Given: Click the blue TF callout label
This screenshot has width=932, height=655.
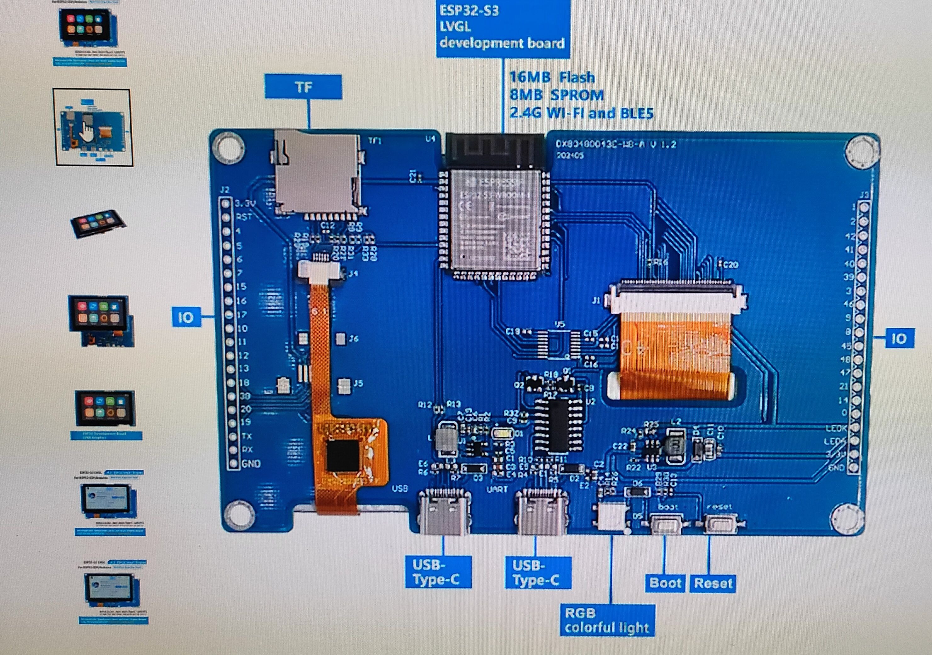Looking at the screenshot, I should tap(303, 87).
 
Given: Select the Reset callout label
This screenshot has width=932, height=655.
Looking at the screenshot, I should tap(713, 583).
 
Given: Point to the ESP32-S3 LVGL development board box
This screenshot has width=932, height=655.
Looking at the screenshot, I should tap(503, 28).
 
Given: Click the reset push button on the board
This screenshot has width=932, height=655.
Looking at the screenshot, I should tap(720, 524).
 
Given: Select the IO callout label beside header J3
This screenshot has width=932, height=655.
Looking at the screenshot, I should tap(899, 338).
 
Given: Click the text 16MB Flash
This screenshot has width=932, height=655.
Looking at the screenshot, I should tap(552, 77).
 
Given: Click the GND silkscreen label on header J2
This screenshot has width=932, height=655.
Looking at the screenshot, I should tap(251, 463).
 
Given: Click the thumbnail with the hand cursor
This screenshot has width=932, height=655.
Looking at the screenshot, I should tap(93, 127).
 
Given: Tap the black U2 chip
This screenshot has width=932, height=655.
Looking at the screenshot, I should tap(554, 424).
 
